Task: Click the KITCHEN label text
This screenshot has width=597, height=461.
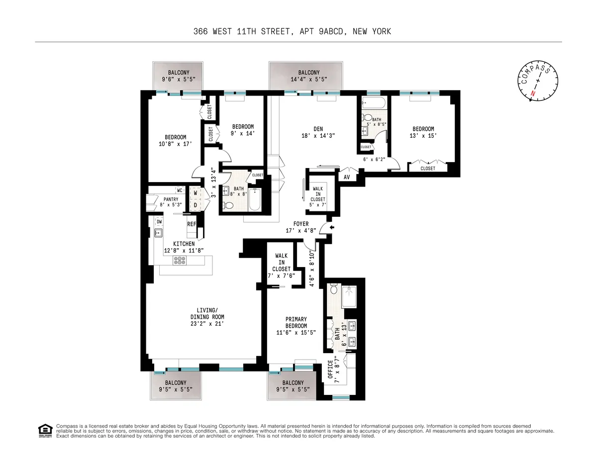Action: pyautogui.click(x=184, y=244)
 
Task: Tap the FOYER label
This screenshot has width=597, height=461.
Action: pyautogui.click(x=301, y=224)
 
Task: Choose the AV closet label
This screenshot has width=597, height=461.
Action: pyautogui.click(x=346, y=177)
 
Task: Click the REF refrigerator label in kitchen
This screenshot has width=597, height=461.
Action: pyautogui.click(x=192, y=224)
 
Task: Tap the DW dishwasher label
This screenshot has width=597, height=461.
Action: pyautogui.click(x=159, y=222)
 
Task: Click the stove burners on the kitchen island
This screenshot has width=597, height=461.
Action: pyautogui.click(x=179, y=261)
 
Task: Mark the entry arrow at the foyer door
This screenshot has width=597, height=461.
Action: pyautogui.click(x=332, y=228)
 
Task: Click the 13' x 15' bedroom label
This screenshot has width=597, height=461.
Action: pyautogui.click(x=423, y=132)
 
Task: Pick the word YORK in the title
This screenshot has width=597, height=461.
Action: pyautogui.click(x=381, y=31)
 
